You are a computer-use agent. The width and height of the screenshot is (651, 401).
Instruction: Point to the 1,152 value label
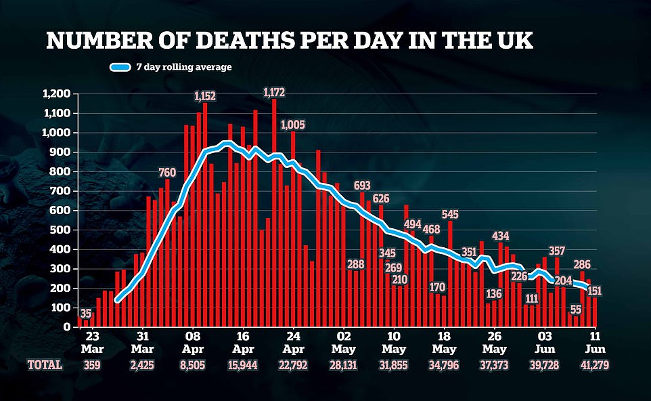click(204, 97)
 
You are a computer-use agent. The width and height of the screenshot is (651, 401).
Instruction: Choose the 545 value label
click(451, 214)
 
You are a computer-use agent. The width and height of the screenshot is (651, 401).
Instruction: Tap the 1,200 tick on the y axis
click(57, 93)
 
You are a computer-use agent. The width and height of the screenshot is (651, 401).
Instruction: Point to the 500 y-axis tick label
click(62, 230)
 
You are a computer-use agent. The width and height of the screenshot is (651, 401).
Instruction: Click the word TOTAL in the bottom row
click(45, 364)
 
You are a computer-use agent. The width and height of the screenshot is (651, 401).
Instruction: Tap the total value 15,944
click(244, 364)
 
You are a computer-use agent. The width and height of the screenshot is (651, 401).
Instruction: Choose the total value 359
click(93, 364)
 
